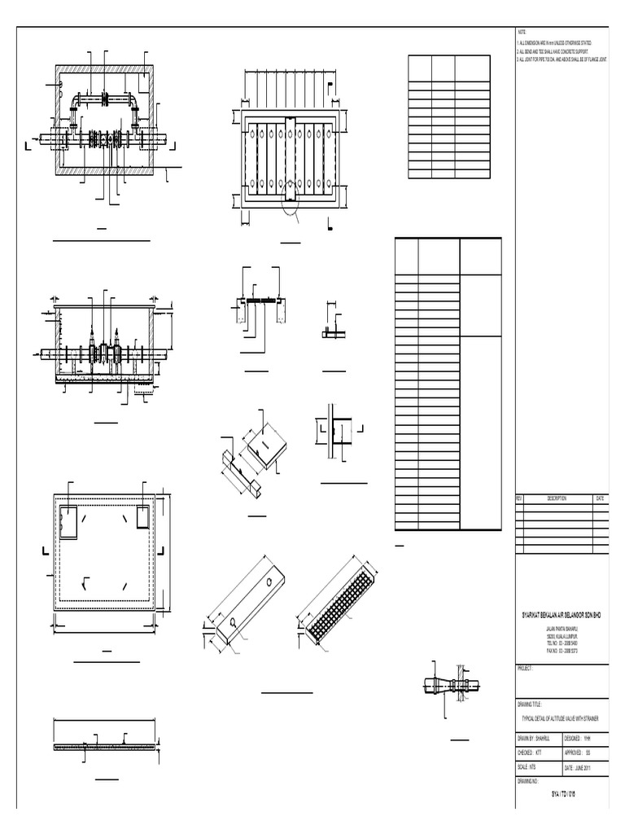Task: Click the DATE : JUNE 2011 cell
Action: pyautogui.click(x=585, y=767)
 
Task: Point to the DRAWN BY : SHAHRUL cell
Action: pyautogui.click(x=538, y=738)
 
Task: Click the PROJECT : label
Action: pyautogui.click(x=526, y=668)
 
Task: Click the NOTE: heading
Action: pyautogui.click(x=522, y=30)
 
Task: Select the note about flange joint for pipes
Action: pyautogui.click(x=562, y=59)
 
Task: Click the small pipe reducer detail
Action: pyautogui.click(x=452, y=685)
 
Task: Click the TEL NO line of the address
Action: pyautogui.click(x=562, y=643)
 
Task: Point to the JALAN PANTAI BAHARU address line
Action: pyautogui.click(x=562, y=630)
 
